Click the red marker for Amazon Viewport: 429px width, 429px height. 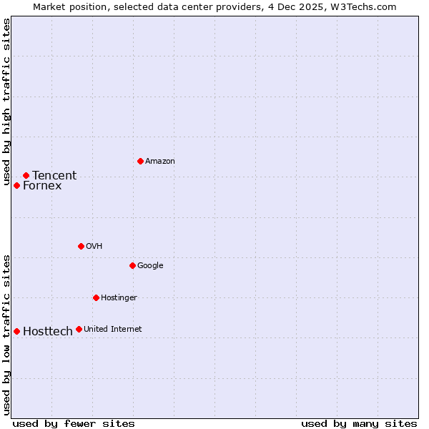coord(140,161)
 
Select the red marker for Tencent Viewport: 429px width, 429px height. coord(26,175)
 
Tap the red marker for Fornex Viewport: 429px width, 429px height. coord(16,185)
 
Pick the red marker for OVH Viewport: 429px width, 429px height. coord(81,246)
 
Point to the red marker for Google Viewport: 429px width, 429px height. coord(132,265)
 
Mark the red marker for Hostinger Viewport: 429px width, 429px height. coord(96,297)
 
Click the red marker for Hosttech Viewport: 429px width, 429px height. coord(16,331)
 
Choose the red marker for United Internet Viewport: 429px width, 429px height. coord(79,329)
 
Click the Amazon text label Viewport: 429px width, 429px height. coord(160,161)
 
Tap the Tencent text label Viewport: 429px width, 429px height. coord(54,175)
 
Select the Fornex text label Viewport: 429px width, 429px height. coord(42,186)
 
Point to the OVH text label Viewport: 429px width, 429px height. coord(94,246)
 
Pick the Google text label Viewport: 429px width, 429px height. coord(150,265)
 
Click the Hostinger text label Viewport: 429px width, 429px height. coord(119,297)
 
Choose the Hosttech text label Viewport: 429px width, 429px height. coord(48,331)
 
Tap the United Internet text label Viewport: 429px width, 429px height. coord(112,329)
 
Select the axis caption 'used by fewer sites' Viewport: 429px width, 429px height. coord(74,423)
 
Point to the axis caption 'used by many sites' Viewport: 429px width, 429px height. coord(359,423)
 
